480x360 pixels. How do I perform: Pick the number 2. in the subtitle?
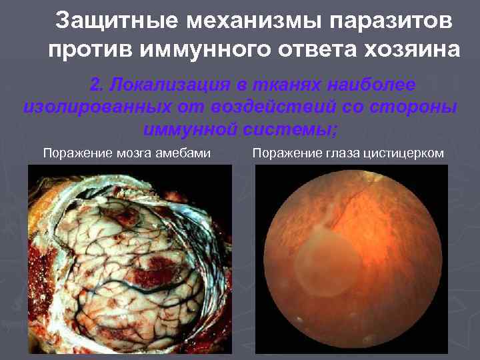(x=97, y=85)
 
